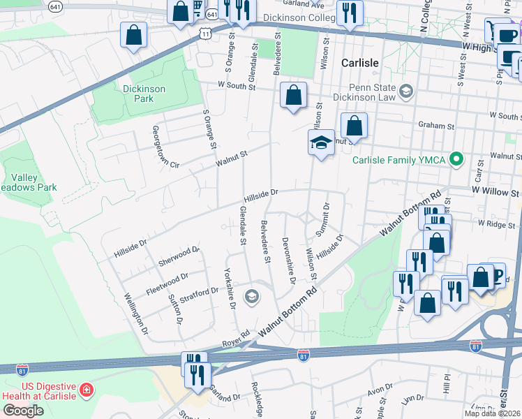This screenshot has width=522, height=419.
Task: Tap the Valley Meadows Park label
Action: click(x=28, y=182)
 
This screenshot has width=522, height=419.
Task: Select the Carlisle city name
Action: click(x=359, y=63)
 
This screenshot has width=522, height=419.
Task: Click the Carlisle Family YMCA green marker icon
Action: click(x=456, y=160)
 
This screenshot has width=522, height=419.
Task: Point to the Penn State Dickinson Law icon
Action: click(x=404, y=90)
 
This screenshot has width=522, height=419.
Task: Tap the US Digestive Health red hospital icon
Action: click(x=86, y=390)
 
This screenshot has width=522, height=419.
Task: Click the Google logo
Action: click(x=22, y=410)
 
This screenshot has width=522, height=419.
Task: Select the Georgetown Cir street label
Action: click(x=166, y=147)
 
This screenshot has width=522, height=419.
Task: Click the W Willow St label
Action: click(x=495, y=191)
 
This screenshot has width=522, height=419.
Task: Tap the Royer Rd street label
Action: click(x=236, y=339)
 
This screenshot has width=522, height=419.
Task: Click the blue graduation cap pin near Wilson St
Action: click(x=321, y=142)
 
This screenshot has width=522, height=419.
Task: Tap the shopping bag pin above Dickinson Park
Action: click(x=133, y=34)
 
